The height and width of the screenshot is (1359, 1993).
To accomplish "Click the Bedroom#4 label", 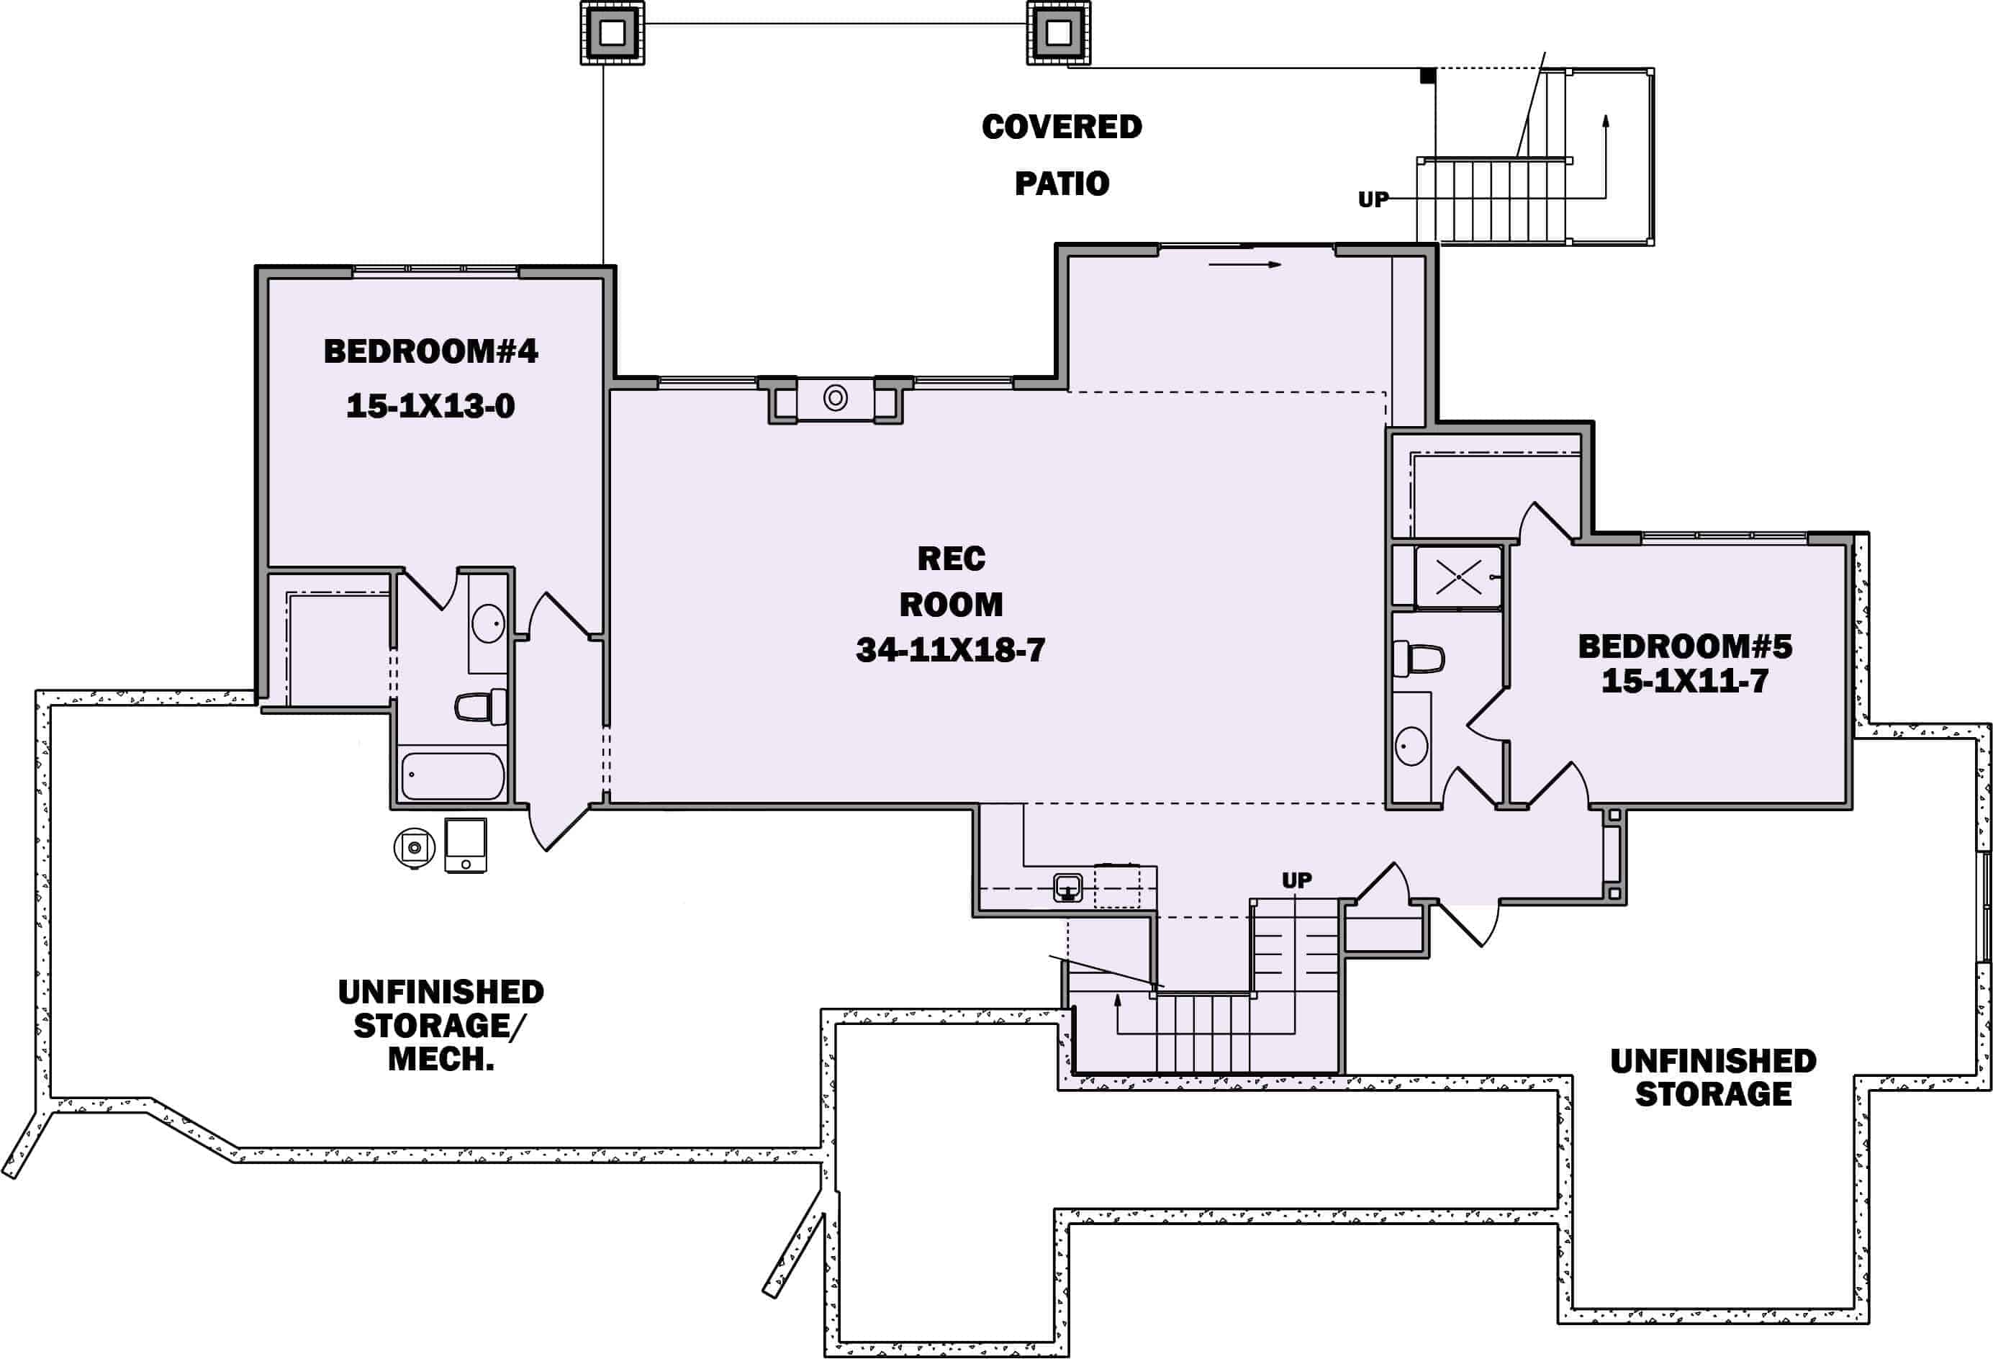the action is [x=430, y=351].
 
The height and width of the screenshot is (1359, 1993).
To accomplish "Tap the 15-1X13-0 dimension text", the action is [x=430, y=405].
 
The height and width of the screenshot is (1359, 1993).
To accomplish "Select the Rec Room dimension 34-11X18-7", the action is [x=951, y=650].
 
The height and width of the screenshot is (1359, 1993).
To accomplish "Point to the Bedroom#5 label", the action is [x=1685, y=646].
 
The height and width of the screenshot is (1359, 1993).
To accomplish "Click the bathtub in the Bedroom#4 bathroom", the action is [x=453, y=776].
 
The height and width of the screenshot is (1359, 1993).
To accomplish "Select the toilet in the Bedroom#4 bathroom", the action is [x=480, y=708].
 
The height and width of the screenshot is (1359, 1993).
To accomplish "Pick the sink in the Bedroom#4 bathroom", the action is [x=488, y=623].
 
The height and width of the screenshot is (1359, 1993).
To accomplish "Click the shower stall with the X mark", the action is [x=1459, y=577].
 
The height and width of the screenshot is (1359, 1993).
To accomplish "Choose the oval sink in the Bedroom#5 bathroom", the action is [x=1411, y=746].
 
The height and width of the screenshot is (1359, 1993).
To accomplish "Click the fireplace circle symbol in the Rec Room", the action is [x=836, y=398].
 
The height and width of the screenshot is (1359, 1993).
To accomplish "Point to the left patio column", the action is [x=613, y=32].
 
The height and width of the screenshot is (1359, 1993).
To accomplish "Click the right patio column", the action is [x=1059, y=32].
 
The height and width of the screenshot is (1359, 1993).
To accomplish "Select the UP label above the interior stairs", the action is [x=1297, y=880].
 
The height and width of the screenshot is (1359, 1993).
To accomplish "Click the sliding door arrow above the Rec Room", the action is [x=1245, y=265].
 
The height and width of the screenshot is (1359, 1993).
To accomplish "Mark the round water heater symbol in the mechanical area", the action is [x=415, y=847].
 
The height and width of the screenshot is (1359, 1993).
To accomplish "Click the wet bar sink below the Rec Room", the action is [x=1067, y=888].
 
